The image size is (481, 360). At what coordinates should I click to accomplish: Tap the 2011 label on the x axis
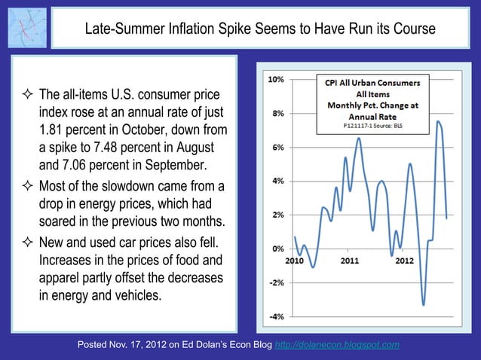[x=349, y=261]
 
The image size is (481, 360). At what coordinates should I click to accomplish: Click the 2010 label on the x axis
[x=294, y=261]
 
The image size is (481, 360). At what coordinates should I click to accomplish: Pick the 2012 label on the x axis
[x=404, y=261]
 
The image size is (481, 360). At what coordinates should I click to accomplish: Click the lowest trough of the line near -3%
[x=424, y=304]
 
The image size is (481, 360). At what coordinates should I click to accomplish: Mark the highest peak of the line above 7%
[x=438, y=121]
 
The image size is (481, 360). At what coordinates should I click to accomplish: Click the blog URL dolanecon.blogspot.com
[x=338, y=345]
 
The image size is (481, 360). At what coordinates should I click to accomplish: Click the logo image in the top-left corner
[x=26, y=27]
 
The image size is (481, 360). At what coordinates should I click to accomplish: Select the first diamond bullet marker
[x=26, y=96]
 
